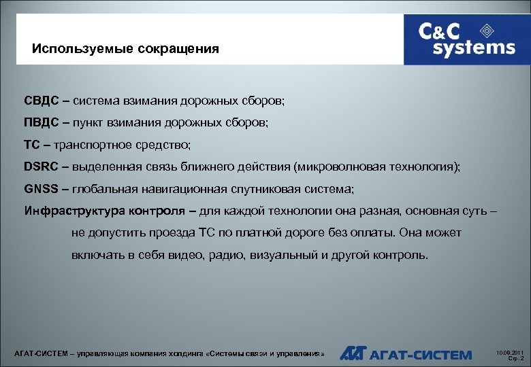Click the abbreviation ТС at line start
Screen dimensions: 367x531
(x=32, y=145)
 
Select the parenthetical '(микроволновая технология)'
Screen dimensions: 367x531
(x=376, y=167)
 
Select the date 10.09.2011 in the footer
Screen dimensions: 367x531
(x=509, y=352)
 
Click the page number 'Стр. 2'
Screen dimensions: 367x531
(x=516, y=359)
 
